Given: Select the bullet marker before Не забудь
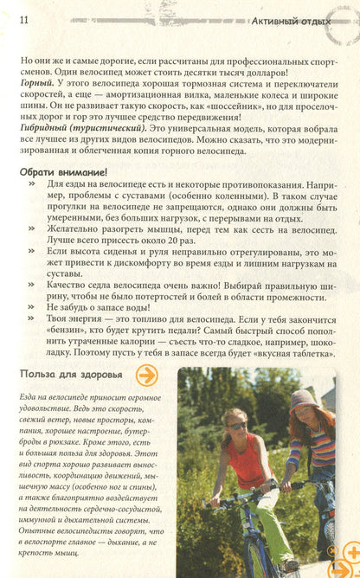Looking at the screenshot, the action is point(32,307).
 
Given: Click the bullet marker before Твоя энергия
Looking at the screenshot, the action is point(32,319).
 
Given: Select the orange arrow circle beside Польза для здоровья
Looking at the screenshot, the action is point(149,376).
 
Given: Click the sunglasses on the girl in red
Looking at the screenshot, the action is point(237,425).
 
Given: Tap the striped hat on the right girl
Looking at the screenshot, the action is point(305,400).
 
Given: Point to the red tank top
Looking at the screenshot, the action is point(245,464).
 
